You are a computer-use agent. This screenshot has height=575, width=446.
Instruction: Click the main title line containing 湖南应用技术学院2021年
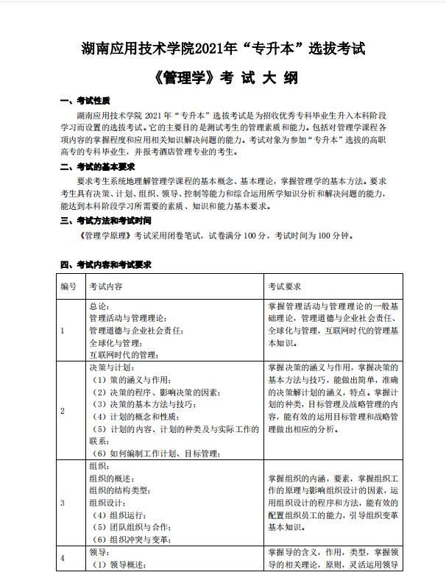[x=222, y=49]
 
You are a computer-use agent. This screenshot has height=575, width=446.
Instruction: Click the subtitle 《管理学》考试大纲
[x=222, y=77]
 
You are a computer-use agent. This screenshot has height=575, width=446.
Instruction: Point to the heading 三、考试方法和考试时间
[x=105, y=220]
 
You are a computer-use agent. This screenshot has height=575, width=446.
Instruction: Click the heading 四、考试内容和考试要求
[x=105, y=264]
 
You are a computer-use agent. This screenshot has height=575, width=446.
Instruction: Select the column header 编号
[x=68, y=286]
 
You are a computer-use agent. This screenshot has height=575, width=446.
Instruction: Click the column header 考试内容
[x=105, y=286]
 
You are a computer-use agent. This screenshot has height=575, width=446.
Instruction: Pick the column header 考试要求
[x=284, y=286]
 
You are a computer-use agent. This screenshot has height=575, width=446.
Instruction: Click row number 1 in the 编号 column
[x=63, y=330]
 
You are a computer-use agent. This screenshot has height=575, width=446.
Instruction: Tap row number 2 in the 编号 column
[x=63, y=410]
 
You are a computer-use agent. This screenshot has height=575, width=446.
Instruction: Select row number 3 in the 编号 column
[x=63, y=502]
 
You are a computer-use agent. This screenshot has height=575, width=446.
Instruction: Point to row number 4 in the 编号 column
[x=63, y=557]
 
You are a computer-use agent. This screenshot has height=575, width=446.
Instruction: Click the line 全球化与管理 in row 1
[x=115, y=342]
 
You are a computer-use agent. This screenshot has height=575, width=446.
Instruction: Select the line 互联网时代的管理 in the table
[x=124, y=354]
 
